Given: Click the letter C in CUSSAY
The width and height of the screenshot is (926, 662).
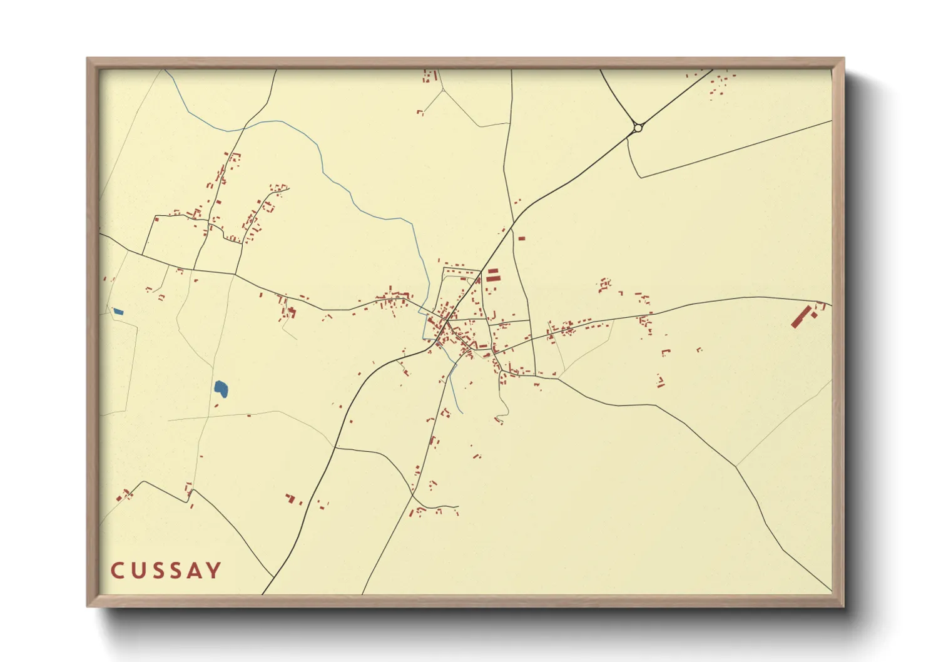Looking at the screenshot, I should pos(117,571).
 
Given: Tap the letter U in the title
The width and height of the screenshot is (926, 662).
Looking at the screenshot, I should pos(139,571).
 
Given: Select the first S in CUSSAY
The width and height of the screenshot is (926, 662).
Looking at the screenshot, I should pos(160,571).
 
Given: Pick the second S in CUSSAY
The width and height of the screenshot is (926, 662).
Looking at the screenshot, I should pos(178,571).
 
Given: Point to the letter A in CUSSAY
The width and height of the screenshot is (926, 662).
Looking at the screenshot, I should pos(196,571).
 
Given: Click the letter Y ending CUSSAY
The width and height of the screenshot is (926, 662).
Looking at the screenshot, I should pos(215,571).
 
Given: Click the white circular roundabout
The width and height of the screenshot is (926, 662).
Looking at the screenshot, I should pos(638,128).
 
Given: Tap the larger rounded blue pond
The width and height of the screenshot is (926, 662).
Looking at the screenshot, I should pos(221,389).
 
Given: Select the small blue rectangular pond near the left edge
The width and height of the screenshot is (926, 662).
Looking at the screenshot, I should pos(118,312).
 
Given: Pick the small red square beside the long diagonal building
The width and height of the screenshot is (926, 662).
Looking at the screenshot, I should pos(815,315).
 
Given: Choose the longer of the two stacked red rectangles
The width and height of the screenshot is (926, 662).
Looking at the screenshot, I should pos(494,278).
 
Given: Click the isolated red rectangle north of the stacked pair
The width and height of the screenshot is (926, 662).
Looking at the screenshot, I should pos(521,238).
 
